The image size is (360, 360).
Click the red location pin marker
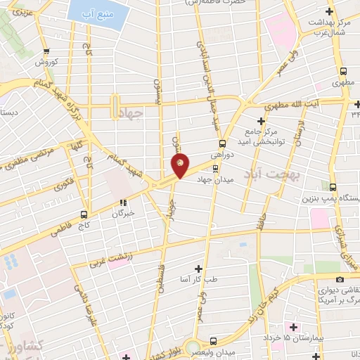pyautogui.click(x=180, y=165)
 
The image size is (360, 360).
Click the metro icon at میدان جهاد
pyautogui.click(x=215, y=168)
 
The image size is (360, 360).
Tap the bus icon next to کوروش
pyautogui.click(x=46, y=51)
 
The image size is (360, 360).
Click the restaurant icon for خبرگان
pyautogui.click(x=123, y=203)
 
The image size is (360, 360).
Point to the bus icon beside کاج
pyautogui.click(x=84, y=214)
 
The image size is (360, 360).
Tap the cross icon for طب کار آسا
pyautogui.click(x=199, y=269)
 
